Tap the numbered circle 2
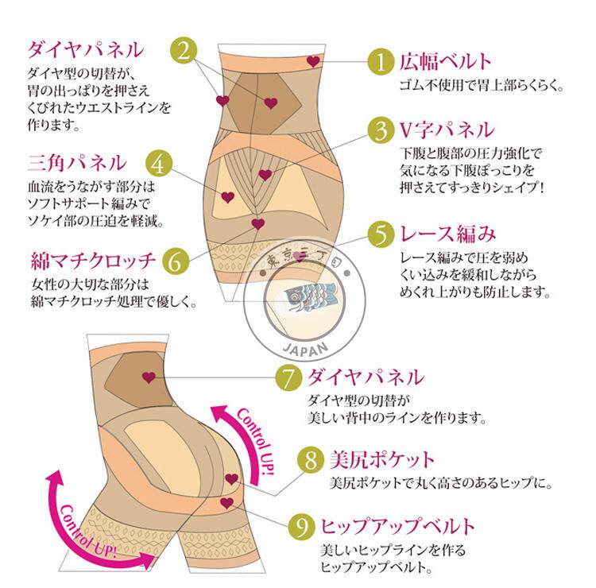pos(184,52)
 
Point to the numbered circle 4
pos(160,164)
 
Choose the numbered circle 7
pos(290,377)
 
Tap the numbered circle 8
pos(310,459)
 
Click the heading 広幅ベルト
pos(445,61)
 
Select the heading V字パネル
pos(446,129)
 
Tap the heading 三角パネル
pos(76,164)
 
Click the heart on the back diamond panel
pos(149,377)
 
